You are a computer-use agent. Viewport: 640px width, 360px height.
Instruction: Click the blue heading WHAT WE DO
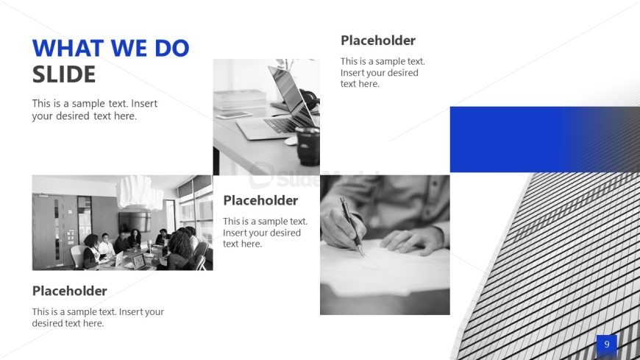point(110,48)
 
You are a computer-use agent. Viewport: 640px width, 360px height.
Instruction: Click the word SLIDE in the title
point(64,74)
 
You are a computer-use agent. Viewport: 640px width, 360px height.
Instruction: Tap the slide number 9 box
point(607,345)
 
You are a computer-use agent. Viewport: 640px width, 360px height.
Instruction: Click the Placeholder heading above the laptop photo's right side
point(378,40)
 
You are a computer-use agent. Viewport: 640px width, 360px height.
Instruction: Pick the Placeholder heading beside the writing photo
point(260,201)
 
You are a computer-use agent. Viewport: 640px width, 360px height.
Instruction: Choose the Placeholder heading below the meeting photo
point(69,291)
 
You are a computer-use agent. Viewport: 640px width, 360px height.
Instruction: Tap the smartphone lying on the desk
point(234,116)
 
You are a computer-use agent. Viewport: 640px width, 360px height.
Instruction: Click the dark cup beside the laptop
point(307,147)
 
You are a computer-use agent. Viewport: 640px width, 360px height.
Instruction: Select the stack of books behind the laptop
point(240,99)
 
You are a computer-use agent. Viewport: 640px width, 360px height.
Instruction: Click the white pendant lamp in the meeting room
point(140,192)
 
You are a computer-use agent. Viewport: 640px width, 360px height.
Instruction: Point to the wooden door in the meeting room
point(49,231)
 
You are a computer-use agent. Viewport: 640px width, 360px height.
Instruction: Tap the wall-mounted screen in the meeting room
point(135,221)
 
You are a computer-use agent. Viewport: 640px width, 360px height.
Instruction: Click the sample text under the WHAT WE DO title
point(95,110)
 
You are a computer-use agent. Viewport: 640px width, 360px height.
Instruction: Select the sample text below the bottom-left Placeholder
point(98,317)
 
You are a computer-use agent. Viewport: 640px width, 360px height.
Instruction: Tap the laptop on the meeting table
point(139,261)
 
